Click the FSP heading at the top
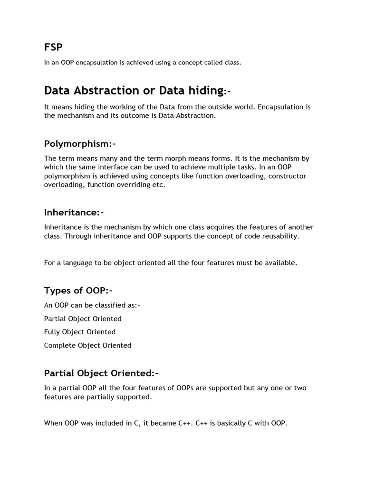point(53,47)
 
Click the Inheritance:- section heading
point(74,212)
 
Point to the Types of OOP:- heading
point(78,290)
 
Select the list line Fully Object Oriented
point(80,332)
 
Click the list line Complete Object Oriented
point(87,345)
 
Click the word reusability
point(280,236)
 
